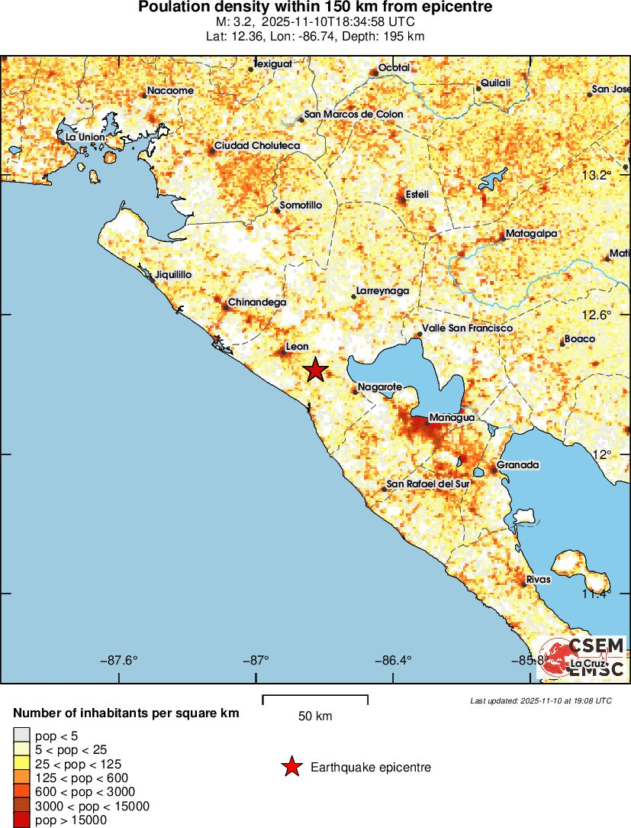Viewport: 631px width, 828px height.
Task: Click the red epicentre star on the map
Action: coord(316,370)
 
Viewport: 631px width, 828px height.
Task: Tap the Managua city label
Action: coord(452,418)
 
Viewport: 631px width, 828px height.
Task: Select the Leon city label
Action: coord(296,347)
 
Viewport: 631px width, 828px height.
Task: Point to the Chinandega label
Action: coord(257,302)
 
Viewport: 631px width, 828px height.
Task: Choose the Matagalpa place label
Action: coord(532,234)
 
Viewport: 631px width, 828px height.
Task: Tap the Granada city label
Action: coord(517,464)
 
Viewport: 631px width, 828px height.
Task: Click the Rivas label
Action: coord(538,580)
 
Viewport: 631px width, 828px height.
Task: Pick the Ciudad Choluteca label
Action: coord(256,145)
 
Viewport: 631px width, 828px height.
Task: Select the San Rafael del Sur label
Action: coord(427,484)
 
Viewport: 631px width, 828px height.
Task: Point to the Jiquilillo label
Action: coord(172,274)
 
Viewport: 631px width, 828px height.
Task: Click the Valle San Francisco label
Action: coord(467,328)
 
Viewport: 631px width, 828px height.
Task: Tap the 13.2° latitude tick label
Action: coord(597,176)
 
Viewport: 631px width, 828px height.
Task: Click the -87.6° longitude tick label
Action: coord(119,661)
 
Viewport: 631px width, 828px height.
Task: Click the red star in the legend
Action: coord(291,768)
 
